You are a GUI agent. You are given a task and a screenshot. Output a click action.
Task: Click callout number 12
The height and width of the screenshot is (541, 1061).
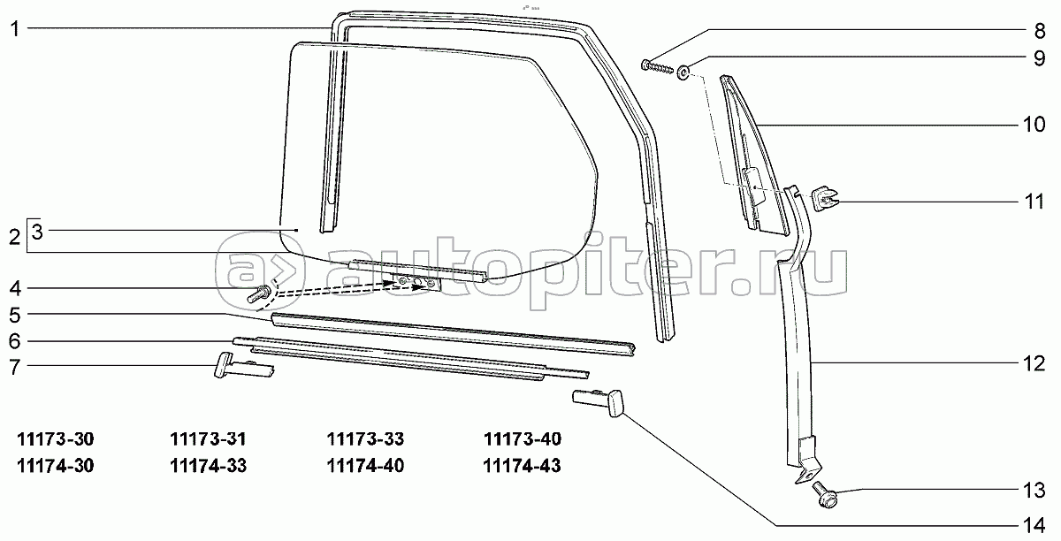pos(1034,362)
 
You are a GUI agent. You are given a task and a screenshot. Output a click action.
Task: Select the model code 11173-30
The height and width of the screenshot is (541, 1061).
pos(55,439)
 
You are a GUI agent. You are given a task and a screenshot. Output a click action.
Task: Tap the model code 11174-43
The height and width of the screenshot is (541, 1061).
pos(522,465)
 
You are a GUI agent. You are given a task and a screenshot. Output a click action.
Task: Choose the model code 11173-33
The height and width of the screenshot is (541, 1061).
pos(365,439)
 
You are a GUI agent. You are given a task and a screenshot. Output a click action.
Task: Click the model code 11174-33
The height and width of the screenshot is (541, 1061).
pos(208,465)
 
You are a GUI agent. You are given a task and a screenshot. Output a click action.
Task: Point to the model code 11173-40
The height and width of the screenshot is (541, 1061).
pos(522,439)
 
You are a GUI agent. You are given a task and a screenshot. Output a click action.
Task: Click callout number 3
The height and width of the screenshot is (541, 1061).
pos(37,232)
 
